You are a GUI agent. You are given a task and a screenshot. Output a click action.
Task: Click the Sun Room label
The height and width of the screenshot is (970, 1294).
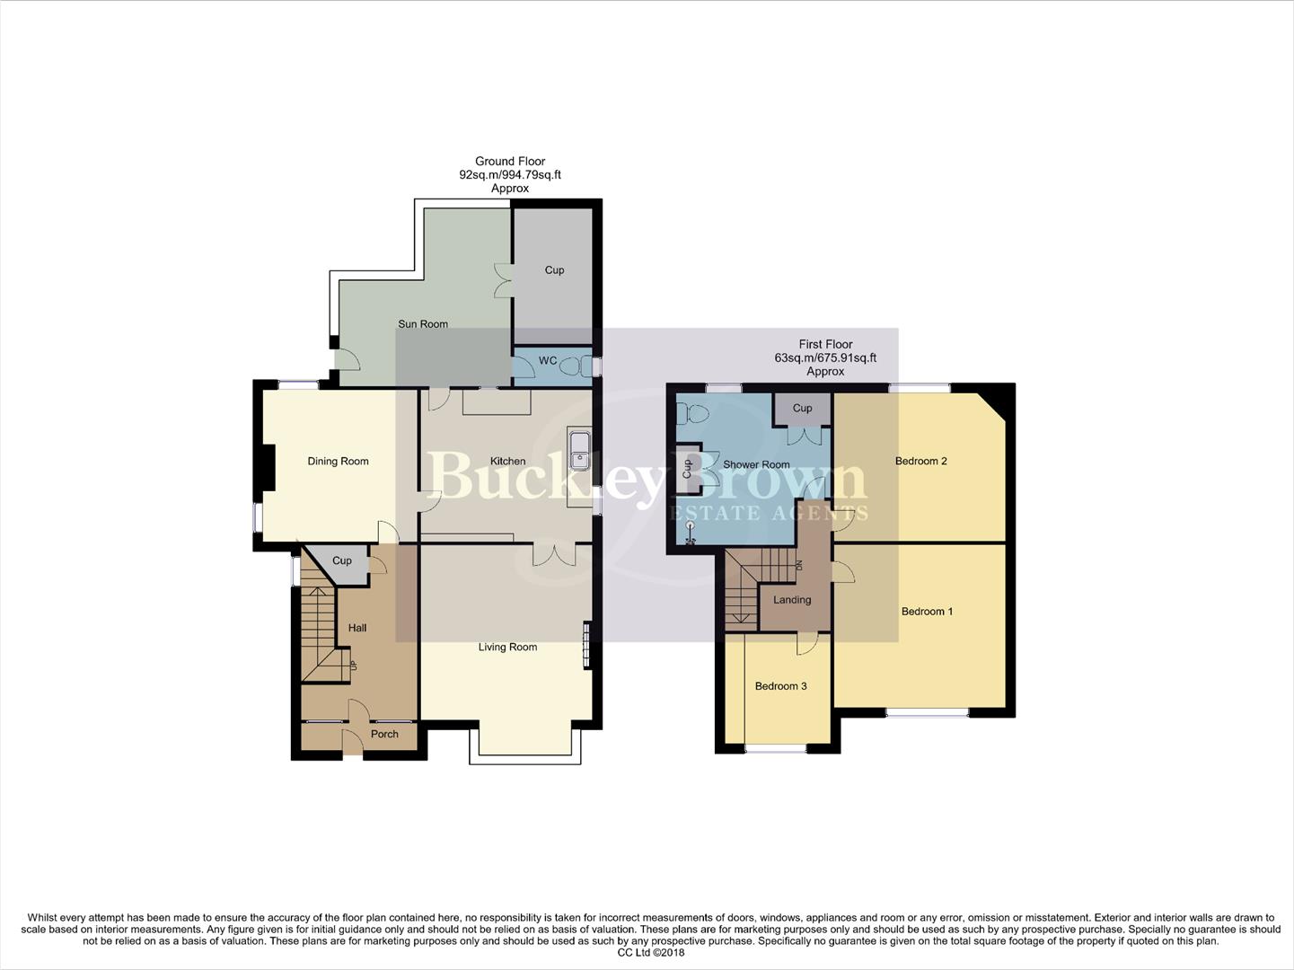(422, 324)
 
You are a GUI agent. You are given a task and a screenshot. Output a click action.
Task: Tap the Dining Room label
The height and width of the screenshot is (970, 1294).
(338, 462)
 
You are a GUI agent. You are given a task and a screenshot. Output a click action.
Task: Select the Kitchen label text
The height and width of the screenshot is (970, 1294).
(507, 462)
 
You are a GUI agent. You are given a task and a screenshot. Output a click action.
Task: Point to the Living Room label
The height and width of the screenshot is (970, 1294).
(507, 648)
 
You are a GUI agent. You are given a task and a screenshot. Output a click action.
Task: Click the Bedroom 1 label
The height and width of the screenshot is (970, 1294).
(927, 612)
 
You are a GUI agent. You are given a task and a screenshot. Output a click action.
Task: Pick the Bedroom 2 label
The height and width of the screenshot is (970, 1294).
(920, 462)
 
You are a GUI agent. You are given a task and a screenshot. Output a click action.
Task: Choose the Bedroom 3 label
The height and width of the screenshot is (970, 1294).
(780, 686)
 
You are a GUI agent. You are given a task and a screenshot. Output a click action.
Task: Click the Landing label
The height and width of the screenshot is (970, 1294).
(792, 600)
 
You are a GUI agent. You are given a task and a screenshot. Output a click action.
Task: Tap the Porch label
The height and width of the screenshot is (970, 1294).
(384, 735)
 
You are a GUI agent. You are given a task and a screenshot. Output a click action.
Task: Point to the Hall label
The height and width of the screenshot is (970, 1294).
(357, 629)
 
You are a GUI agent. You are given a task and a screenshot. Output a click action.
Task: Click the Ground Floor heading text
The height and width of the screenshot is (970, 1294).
(510, 162)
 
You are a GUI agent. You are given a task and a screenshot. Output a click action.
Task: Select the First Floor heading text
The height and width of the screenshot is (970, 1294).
(825, 344)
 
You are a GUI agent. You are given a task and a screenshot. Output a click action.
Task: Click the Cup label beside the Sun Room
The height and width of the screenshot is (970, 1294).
(554, 270)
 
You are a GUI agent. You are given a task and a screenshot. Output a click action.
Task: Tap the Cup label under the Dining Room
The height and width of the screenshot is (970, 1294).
(342, 561)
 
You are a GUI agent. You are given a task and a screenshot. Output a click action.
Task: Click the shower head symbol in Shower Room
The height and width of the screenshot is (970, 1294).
(691, 532)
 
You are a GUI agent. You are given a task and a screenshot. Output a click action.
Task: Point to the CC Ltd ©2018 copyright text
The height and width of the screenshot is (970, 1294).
(647, 953)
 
